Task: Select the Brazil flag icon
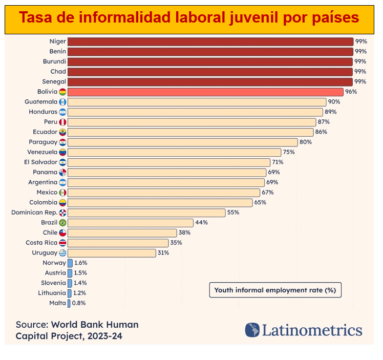62,223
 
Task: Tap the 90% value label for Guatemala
334,102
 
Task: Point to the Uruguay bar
112,253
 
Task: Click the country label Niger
57,41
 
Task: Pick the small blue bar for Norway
70,263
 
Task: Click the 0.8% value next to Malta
78,303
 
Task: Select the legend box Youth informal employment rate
275,290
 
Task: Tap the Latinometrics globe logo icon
252,330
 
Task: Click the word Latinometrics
312,330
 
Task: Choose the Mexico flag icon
62,193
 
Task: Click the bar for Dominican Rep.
146,213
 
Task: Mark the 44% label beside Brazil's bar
201,223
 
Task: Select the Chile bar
122,233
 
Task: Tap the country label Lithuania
52,293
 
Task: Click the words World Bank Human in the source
95,325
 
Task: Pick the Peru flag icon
62,122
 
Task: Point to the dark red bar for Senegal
210,82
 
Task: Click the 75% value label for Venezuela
289,152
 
